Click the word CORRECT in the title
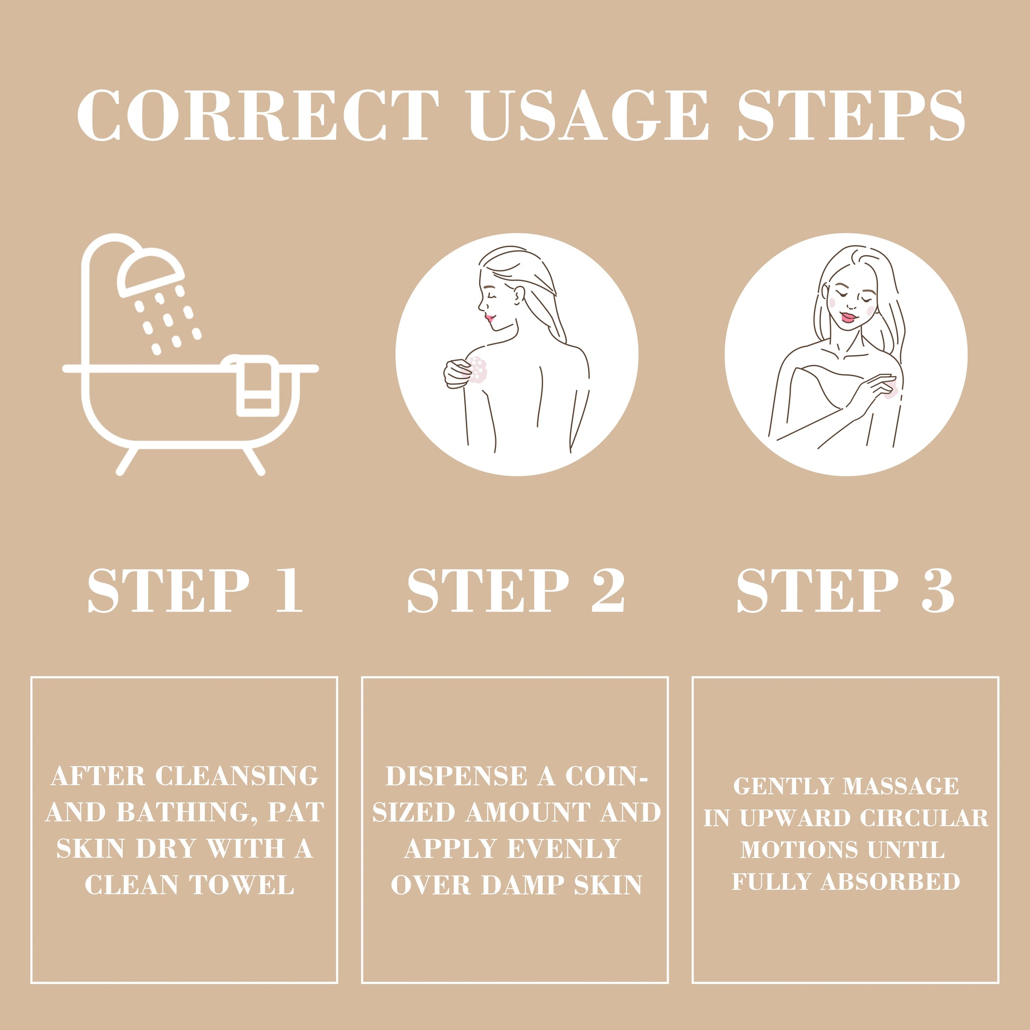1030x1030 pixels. (258, 116)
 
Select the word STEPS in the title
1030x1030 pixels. (852, 116)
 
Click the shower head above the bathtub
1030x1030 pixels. (151, 272)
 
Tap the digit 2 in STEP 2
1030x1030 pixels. (607, 590)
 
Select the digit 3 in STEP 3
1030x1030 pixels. (937, 590)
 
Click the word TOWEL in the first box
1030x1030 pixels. (242, 886)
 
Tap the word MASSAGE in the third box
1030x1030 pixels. (900, 787)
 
